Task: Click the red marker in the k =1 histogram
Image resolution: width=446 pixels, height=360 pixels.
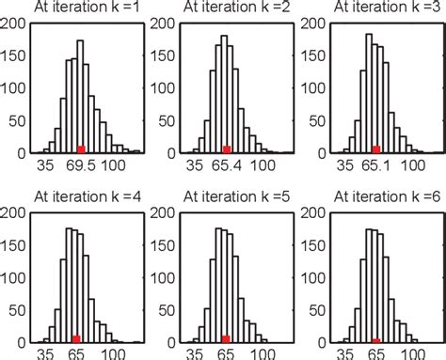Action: (81, 149)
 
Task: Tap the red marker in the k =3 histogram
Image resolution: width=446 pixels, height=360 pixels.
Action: (375, 149)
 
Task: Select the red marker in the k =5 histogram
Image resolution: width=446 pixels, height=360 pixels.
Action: (226, 338)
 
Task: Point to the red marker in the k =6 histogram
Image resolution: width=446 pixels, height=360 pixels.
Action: (375, 340)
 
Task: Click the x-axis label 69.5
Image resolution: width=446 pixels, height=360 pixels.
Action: (81, 164)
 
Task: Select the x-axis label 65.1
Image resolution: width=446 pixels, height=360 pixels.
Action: (375, 164)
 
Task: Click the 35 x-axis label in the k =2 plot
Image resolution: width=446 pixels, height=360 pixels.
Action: (195, 164)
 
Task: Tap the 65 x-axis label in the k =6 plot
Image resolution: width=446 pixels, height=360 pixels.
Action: (375, 353)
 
